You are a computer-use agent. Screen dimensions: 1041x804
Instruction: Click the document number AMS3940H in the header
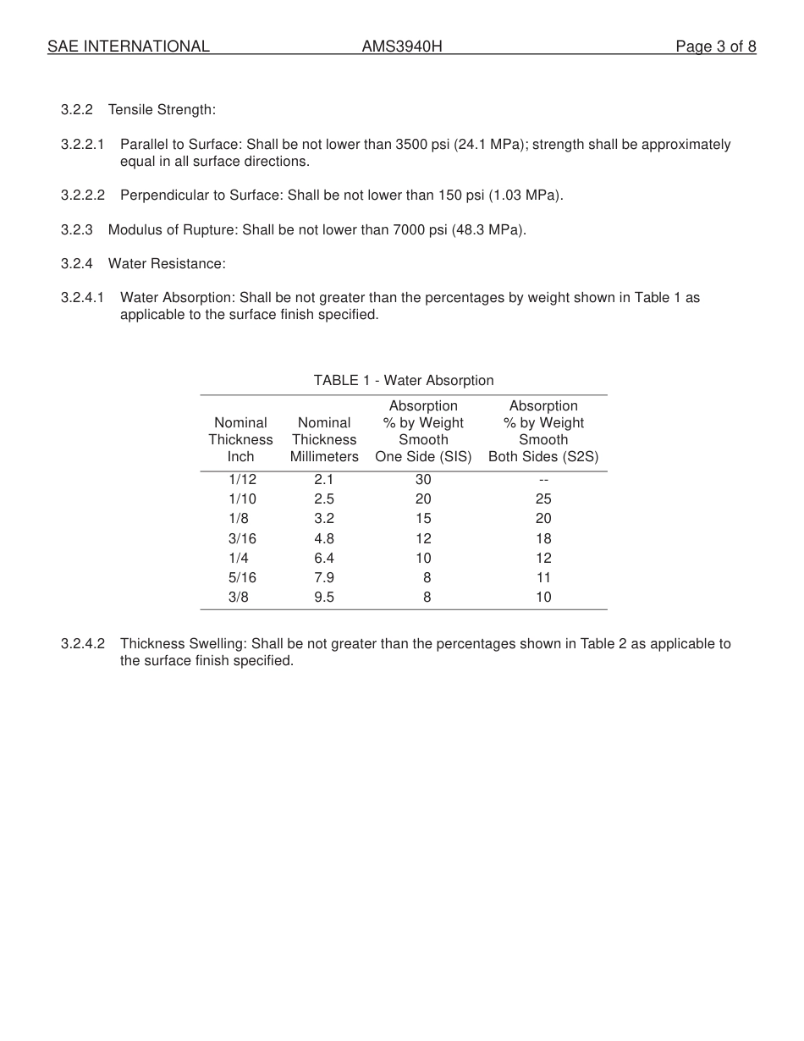(x=402, y=47)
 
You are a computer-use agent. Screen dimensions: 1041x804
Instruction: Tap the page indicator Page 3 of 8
(x=715, y=47)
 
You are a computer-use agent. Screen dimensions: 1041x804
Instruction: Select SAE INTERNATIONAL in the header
(x=129, y=47)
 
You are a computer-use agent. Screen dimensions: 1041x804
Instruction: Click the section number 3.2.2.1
(x=82, y=145)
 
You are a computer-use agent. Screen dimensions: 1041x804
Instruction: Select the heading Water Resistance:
(x=167, y=263)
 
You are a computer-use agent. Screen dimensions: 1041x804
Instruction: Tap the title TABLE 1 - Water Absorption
(x=404, y=380)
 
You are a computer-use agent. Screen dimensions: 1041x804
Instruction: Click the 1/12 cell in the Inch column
(x=242, y=479)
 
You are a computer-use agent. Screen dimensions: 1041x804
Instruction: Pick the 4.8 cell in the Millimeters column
(x=324, y=538)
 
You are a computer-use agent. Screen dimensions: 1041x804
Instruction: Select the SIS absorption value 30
(x=423, y=479)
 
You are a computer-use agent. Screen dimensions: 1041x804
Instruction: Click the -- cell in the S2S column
(x=543, y=479)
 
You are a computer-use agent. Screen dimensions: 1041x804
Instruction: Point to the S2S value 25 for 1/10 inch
(x=543, y=498)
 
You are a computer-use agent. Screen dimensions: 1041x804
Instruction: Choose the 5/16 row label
(x=242, y=577)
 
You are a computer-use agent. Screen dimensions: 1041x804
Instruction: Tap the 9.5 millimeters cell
(x=324, y=597)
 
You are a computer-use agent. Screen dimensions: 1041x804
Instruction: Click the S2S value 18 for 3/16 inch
(x=543, y=538)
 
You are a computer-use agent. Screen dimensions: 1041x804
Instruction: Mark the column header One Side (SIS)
(x=423, y=456)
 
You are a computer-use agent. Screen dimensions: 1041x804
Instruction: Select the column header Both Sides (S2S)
(x=543, y=456)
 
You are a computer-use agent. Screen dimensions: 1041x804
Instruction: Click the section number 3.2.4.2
(x=82, y=643)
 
